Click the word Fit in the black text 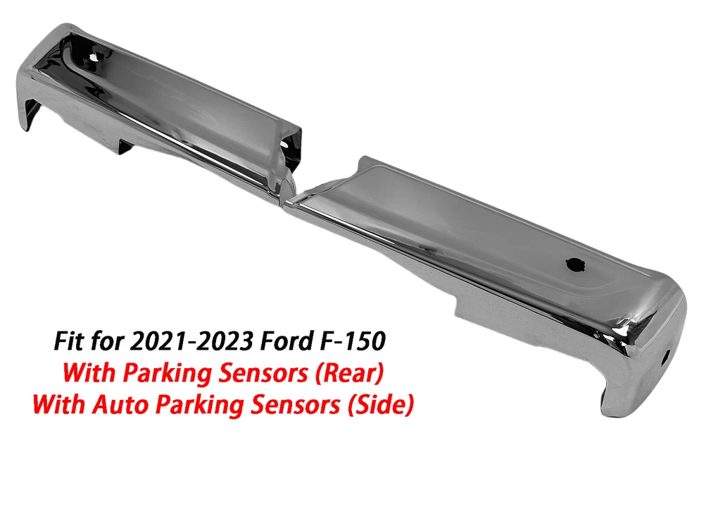[70, 341]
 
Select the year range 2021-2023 [191, 341]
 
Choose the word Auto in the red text [120, 404]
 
